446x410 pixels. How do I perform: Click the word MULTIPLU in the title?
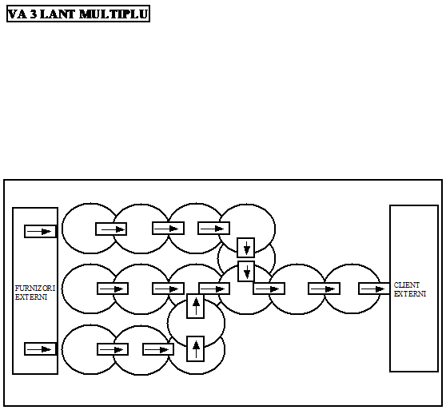coord(113,14)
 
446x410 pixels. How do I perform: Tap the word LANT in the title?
coord(58,14)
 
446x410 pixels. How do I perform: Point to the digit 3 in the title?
coord(34,14)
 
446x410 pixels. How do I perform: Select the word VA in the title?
coord(18,14)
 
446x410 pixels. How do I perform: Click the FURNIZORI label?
coord(34,289)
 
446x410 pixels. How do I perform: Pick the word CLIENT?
coord(407,285)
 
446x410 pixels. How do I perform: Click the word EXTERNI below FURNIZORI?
coord(30,297)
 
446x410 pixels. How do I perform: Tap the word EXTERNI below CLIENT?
coord(409,293)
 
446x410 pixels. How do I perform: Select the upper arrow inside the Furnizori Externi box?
coord(39,232)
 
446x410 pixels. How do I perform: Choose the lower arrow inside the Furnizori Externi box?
coord(39,349)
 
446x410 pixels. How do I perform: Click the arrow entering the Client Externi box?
coord(373,289)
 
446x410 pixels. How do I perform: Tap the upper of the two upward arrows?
coord(196,306)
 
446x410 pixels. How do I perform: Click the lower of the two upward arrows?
coord(196,349)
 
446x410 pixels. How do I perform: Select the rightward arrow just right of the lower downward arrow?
coord(268,289)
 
